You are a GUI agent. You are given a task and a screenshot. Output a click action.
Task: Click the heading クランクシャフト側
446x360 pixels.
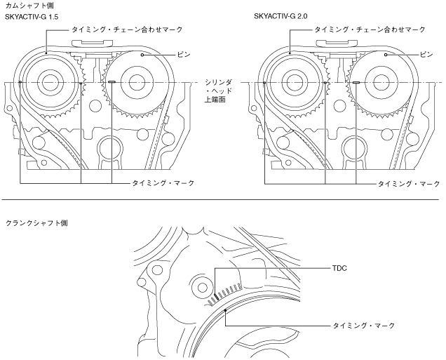tap(34, 222)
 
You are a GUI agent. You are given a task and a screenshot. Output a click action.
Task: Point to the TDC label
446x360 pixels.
tap(341, 268)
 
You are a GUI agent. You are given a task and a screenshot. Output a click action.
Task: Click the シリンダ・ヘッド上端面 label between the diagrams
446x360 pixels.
tap(214, 91)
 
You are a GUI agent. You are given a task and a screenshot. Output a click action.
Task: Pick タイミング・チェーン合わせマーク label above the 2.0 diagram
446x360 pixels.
tap(371, 31)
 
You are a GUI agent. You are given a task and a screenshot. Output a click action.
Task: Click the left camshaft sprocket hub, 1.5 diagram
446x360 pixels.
tap(49, 81)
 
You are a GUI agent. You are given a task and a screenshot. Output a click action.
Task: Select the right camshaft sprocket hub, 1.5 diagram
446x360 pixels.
tap(128, 81)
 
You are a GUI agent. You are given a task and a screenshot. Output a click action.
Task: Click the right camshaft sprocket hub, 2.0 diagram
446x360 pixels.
tap(372, 81)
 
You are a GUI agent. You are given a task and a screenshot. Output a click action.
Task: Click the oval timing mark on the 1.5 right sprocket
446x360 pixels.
tap(111, 82)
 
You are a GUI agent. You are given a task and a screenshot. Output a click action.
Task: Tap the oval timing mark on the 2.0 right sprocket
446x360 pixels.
tap(356, 82)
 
